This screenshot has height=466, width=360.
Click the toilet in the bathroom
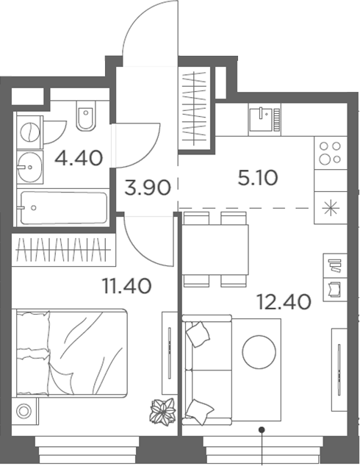tap(85, 120)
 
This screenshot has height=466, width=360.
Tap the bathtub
tap(62, 207)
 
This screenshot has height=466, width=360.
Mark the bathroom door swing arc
tap(140, 143)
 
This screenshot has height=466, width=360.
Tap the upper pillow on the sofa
tap(198, 335)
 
